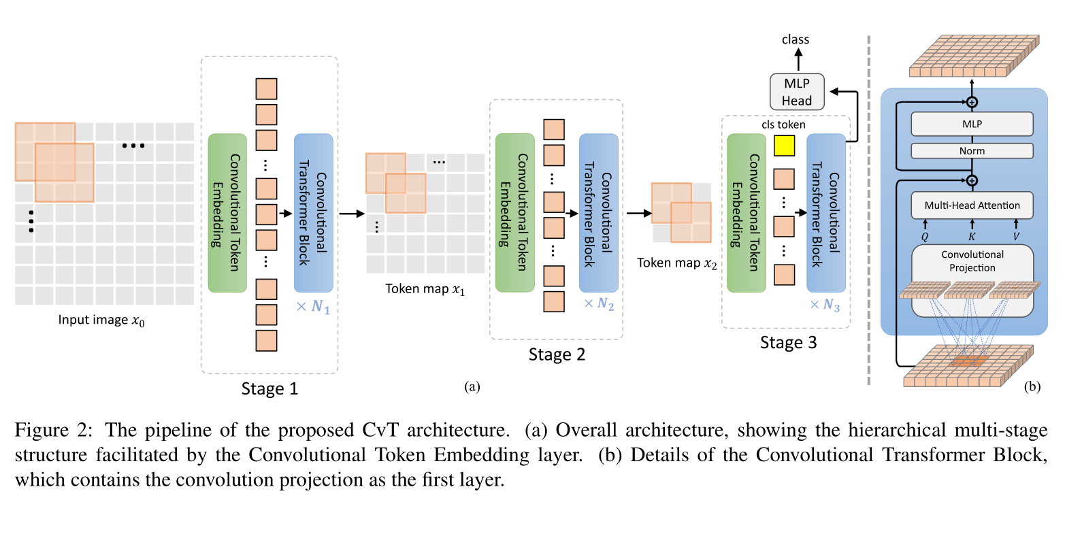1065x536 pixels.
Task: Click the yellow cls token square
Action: click(x=784, y=146)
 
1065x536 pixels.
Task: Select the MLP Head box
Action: click(x=796, y=92)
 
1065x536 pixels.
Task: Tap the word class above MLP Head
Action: click(x=796, y=39)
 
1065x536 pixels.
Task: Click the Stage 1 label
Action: click(x=269, y=388)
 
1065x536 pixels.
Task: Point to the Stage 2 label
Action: click(x=557, y=354)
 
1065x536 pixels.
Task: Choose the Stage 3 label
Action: click(x=788, y=343)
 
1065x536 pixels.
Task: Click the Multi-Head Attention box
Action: click(x=972, y=205)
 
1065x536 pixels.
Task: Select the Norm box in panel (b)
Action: click(x=972, y=151)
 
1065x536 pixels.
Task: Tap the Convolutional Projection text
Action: click(x=972, y=261)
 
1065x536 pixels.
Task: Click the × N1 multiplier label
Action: click(x=313, y=307)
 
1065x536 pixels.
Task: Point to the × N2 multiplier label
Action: click(x=599, y=304)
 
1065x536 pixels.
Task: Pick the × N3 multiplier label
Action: click(x=825, y=305)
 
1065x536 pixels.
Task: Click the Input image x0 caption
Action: click(x=101, y=320)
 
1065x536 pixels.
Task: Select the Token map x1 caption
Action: click(x=425, y=289)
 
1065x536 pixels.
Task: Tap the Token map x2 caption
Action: click(x=676, y=263)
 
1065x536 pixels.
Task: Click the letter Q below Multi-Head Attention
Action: click(x=925, y=237)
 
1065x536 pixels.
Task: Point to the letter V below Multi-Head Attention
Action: click(x=1016, y=237)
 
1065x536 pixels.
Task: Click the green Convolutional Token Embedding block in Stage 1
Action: click(x=227, y=213)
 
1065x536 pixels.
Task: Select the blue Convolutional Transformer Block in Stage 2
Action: click(x=598, y=213)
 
